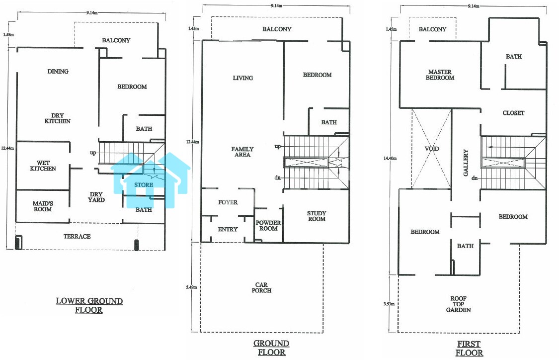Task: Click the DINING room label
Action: click(x=58, y=72)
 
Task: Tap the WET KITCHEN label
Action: click(x=43, y=166)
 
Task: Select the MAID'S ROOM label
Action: click(x=43, y=206)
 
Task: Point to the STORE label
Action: click(x=144, y=185)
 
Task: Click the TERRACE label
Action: click(x=77, y=236)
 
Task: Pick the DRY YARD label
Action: click(x=96, y=197)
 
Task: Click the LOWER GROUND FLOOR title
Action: click(x=89, y=305)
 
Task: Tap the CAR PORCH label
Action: click(x=261, y=287)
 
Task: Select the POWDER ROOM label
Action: click(x=268, y=225)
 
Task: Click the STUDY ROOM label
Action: click(x=317, y=216)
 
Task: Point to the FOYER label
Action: click(x=228, y=202)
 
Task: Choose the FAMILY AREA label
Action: click(x=242, y=152)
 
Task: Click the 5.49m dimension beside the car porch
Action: click(x=191, y=287)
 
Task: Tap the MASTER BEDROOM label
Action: click(x=440, y=75)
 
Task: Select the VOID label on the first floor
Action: click(x=432, y=148)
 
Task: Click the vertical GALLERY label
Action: click(x=466, y=163)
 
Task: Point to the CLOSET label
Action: click(x=513, y=113)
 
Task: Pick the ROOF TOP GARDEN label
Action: click(x=459, y=304)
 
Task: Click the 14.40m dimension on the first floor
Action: click(x=390, y=158)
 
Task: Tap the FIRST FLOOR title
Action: click(x=469, y=348)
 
